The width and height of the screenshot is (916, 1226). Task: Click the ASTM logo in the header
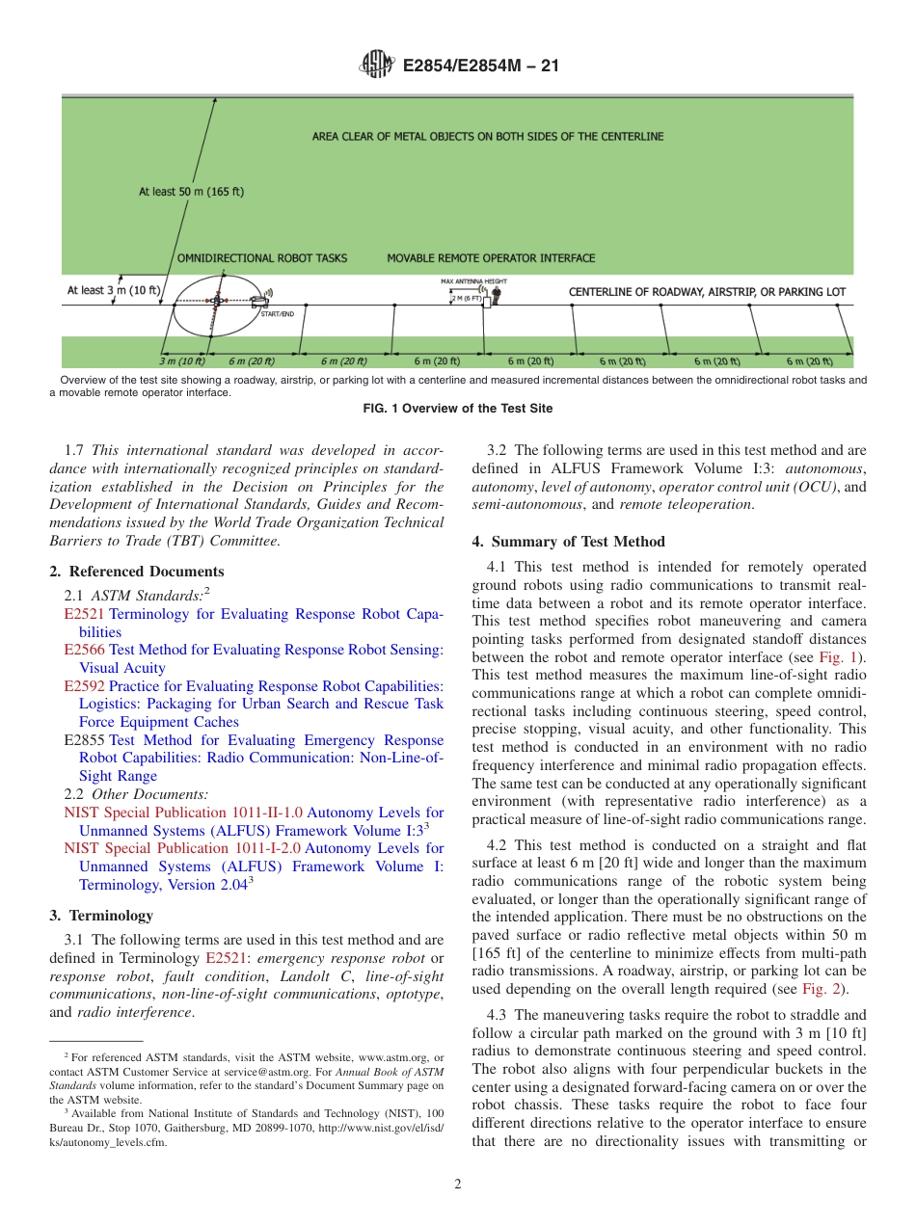coord(376,65)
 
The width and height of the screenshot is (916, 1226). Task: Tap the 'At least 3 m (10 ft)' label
coord(113,289)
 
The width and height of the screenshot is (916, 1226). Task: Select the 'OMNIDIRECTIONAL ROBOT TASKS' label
coord(261,258)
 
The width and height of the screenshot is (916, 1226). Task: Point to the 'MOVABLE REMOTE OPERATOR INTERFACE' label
coord(491,258)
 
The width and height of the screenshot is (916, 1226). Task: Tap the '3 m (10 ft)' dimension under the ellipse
coord(182,361)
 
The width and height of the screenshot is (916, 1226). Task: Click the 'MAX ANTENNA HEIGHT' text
coord(472,281)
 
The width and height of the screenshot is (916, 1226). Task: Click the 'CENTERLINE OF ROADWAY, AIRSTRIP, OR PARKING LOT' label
coord(707,291)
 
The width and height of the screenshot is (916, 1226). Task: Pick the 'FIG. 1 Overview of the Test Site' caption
coord(457,409)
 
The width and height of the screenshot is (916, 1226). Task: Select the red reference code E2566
coord(84,651)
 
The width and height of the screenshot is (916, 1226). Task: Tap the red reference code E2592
coord(84,686)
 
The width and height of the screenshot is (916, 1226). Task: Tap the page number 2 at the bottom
coord(458,1185)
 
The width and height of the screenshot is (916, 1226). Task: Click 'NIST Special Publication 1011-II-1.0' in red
coord(182,813)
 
